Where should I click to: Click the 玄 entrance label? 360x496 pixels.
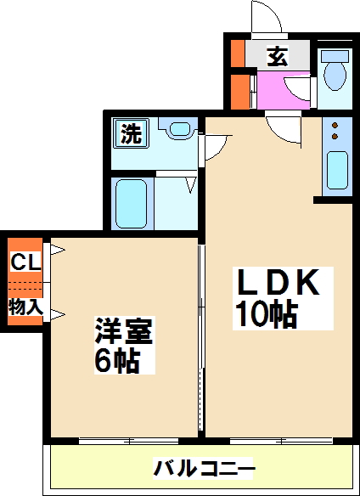click(x=278, y=58)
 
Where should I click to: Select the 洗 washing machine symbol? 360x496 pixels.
click(x=131, y=133)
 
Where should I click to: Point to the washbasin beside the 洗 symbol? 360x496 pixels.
click(x=180, y=131)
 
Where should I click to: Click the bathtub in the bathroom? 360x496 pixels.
click(x=132, y=204)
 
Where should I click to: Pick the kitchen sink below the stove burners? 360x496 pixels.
click(x=336, y=170)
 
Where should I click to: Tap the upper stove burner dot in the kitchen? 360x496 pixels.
click(x=335, y=124)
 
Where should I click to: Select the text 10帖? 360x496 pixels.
click(x=265, y=316)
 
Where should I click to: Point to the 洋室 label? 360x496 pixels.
click(x=124, y=330)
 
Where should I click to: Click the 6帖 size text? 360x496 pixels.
click(x=117, y=362)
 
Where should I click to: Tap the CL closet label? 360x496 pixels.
click(x=24, y=262)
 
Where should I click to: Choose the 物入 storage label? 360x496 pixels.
click(x=25, y=306)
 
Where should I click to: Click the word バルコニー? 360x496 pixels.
click(x=204, y=468)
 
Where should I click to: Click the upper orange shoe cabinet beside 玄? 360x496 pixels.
click(x=239, y=55)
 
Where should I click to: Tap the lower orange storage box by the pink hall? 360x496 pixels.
click(x=241, y=92)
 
